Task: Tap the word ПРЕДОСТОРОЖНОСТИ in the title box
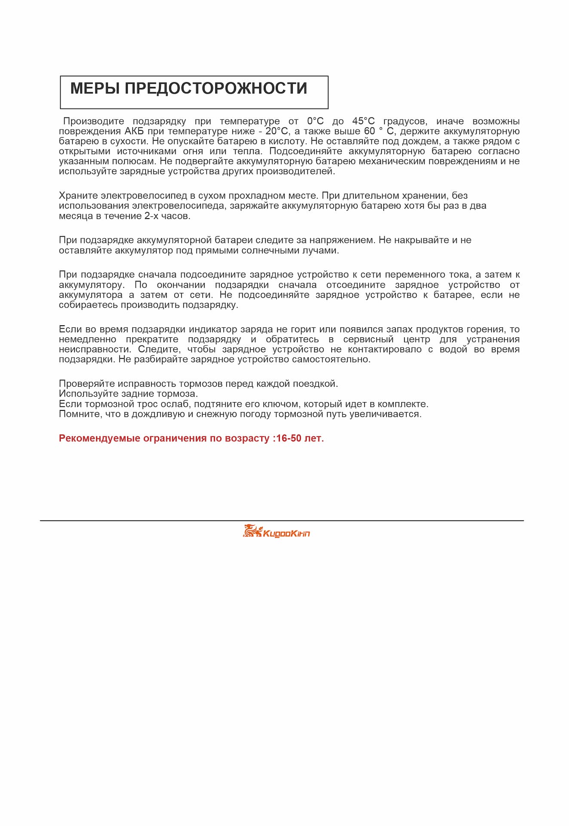click(x=216, y=88)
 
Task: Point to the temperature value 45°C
click(x=363, y=121)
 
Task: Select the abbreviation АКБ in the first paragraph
click(x=134, y=131)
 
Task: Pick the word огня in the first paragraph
click(x=193, y=151)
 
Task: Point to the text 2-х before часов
click(x=151, y=216)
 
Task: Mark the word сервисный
click(x=368, y=339)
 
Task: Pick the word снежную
click(x=218, y=414)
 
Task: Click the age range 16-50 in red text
click(x=289, y=438)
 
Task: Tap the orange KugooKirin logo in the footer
click(x=276, y=532)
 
